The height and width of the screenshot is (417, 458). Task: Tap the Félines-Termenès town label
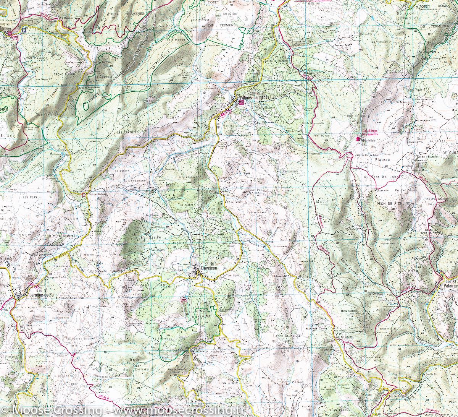pyautogui.click(x=254, y=97)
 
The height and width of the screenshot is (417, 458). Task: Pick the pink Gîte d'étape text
pyautogui.click(x=367, y=130)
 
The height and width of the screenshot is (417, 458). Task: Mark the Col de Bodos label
pyautogui.click(x=97, y=194)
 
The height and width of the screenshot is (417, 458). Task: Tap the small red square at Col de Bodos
pyautogui.click(x=84, y=195)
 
